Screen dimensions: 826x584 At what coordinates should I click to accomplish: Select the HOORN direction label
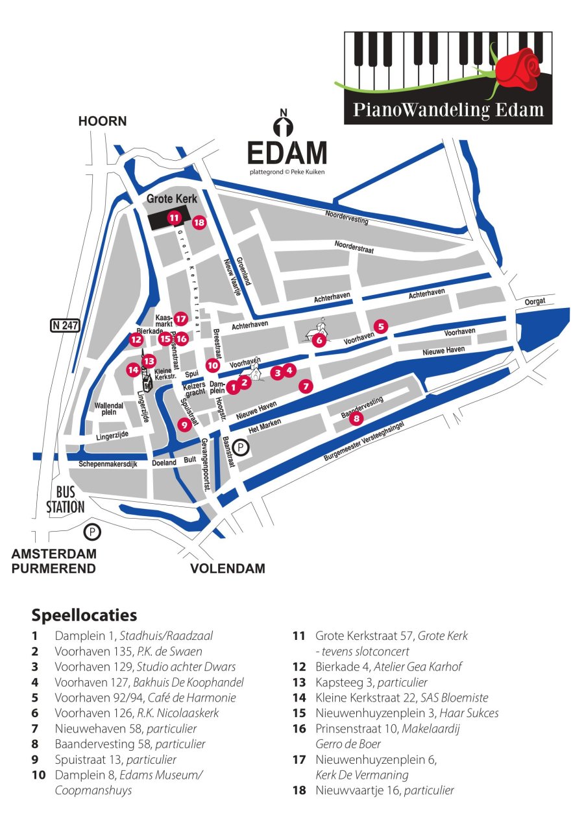pos(103,121)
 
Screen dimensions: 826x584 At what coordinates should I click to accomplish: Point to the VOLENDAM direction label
pos(227,569)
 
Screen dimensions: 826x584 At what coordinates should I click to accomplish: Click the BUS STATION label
pos(65,500)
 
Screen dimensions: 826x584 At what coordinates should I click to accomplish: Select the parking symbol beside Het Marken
pos(241,447)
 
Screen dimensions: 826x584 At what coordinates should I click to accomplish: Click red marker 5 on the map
pos(381,326)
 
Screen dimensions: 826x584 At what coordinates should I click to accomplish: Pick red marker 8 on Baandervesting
pos(356,419)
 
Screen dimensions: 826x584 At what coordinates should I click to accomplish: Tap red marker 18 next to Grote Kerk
pos(199,222)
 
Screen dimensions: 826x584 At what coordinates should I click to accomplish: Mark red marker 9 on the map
pos(184,425)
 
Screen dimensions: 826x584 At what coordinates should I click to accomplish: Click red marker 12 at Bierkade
pos(136,338)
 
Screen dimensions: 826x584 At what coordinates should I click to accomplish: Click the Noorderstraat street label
pos(354,247)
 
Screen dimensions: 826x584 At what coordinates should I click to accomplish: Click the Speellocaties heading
pos(84,614)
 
